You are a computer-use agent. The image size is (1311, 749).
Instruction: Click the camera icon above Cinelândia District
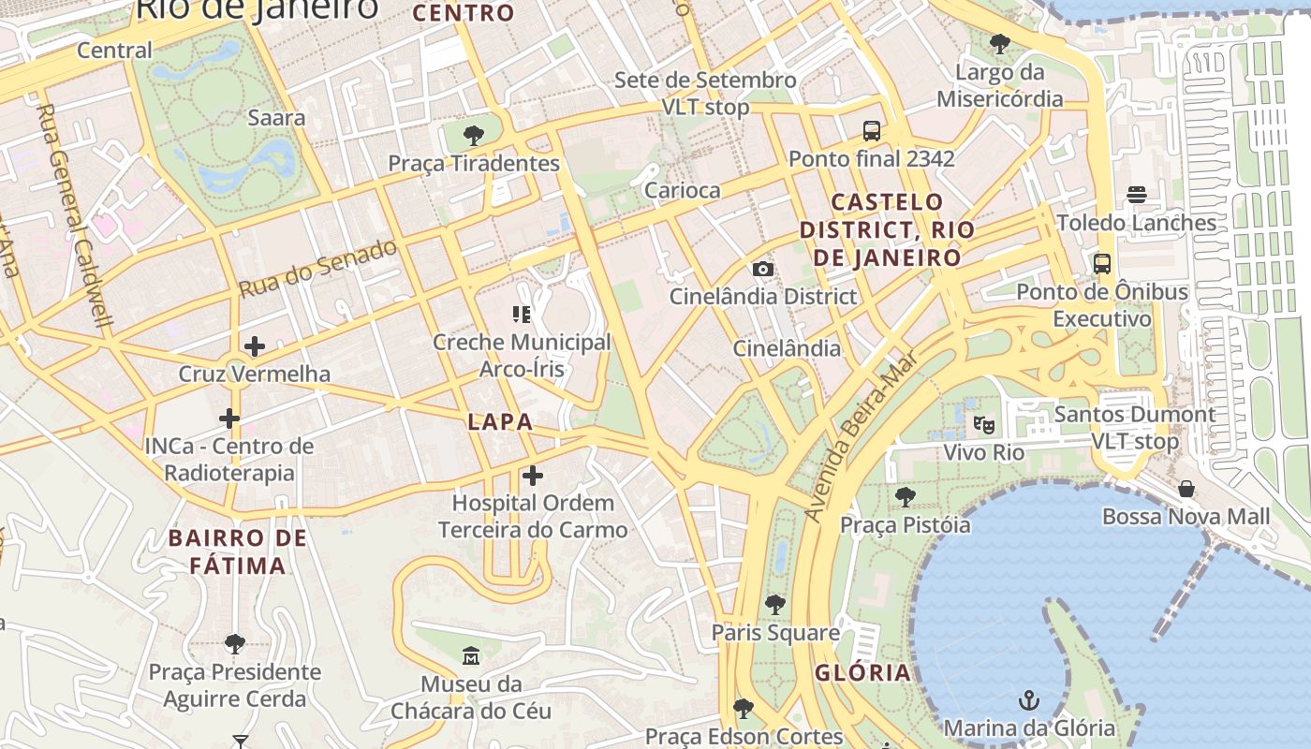[763, 270]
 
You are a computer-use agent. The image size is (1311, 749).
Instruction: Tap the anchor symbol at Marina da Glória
[1029, 700]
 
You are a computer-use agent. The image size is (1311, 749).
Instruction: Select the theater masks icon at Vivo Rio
[983, 425]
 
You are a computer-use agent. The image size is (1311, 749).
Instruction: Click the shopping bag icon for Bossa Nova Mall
[1186, 489]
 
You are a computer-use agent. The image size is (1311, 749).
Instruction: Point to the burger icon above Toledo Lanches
[1137, 195]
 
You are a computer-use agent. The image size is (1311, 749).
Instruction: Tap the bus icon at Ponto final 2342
[872, 131]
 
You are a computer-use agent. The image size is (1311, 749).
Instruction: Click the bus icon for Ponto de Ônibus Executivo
[1102, 264]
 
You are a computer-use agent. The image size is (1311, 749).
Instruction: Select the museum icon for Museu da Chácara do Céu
[471, 656]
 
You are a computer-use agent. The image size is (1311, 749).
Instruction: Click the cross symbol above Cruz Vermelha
[254, 346]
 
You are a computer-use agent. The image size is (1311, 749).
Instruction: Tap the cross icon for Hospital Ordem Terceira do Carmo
[533, 476]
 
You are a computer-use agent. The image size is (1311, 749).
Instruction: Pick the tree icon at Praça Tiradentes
[474, 136]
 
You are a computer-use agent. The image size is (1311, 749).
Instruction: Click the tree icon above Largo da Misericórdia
[1000, 44]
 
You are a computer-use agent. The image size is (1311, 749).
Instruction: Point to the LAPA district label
[500, 422]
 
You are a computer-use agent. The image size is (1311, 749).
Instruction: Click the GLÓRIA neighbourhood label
[862, 672]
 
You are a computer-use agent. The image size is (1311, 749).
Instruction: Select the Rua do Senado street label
[317, 269]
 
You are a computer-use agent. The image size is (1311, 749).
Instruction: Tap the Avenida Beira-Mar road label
[862, 436]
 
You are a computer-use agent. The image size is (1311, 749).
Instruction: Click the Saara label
[276, 118]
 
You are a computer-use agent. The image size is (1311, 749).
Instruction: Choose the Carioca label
[683, 190]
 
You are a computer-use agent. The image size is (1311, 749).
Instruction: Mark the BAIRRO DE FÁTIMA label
[238, 551]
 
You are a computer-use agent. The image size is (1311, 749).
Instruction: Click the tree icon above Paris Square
[774, 605]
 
